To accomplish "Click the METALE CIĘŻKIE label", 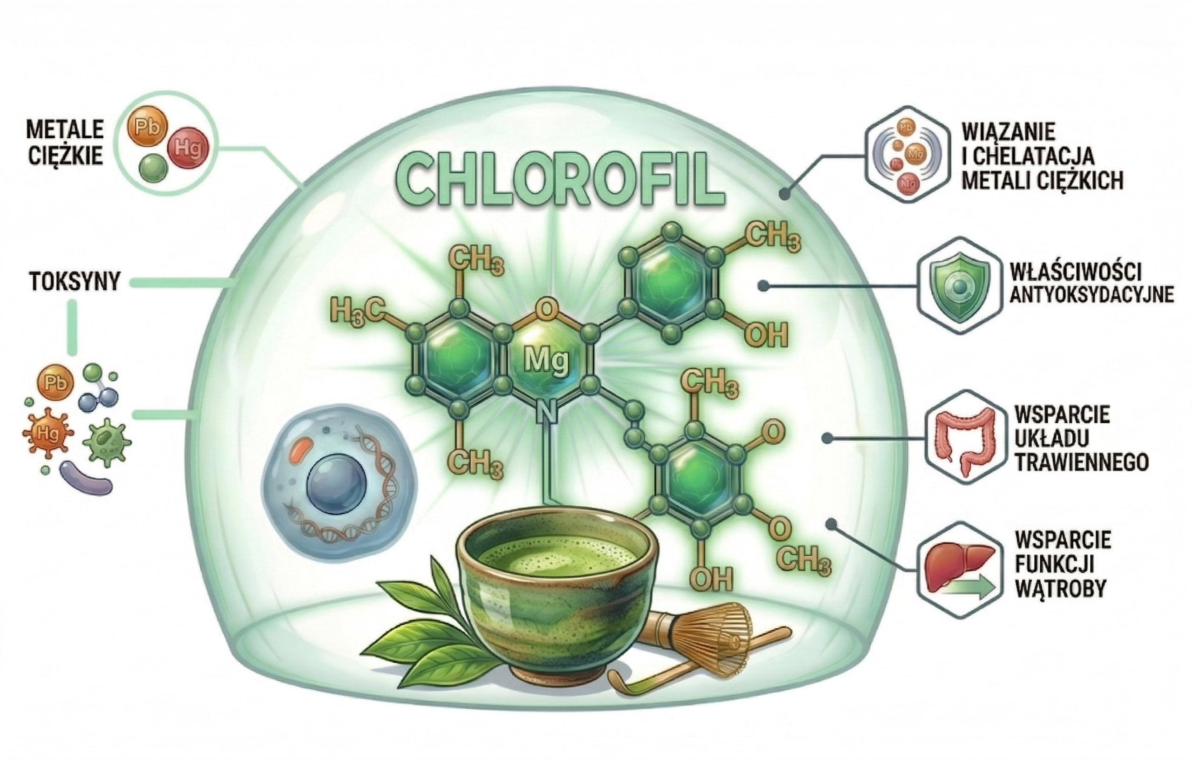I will pyautogui.click(x=65, y=142).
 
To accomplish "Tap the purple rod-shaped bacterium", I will pyautogui.click(x=85, y=478).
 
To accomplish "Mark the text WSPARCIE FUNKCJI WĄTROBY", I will pyautogui.click(x=1062, y=564).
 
